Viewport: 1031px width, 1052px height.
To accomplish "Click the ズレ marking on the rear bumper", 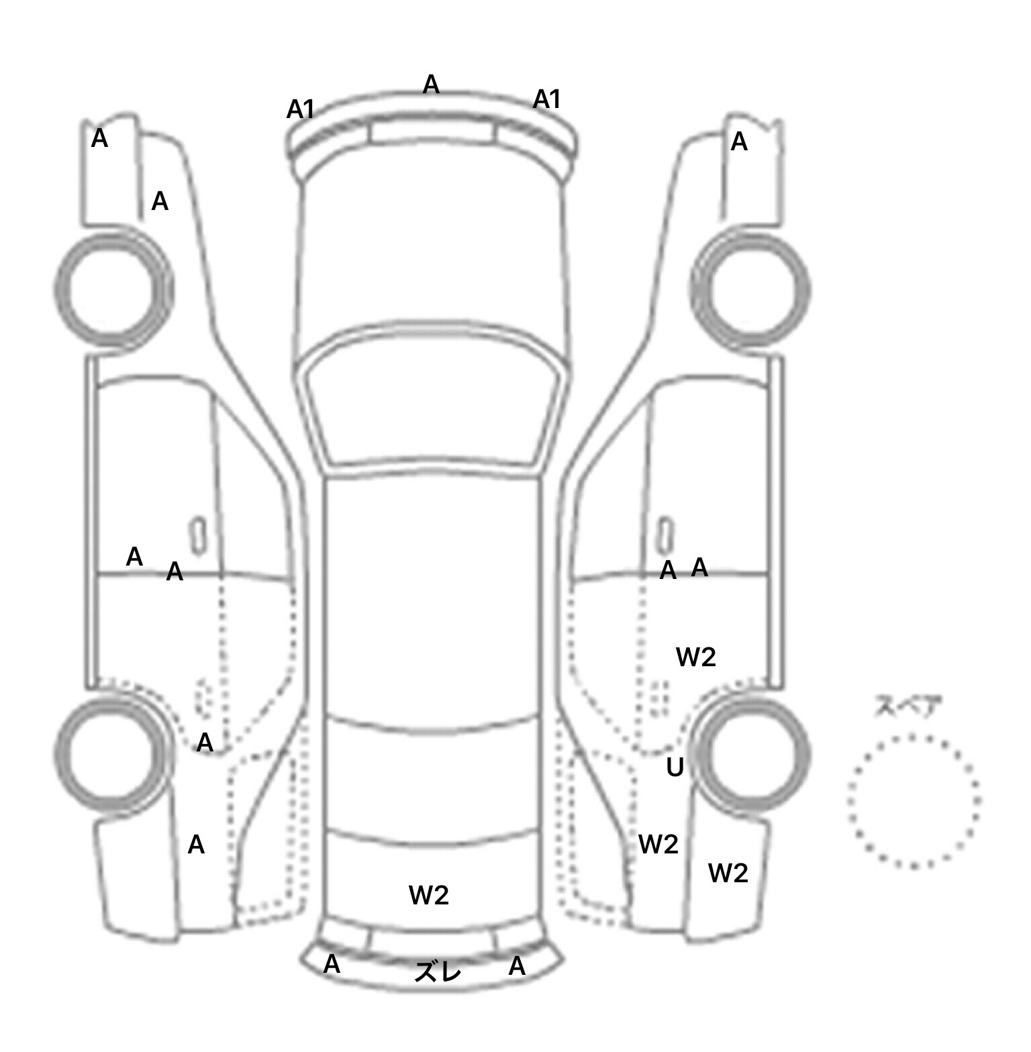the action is (438, 971).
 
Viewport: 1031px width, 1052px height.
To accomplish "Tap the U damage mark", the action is (675, 767).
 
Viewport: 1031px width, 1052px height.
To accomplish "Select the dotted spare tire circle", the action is (914, 801).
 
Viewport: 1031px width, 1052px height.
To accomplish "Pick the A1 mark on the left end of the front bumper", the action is (301, 109).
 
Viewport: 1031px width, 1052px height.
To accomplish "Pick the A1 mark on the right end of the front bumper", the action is (546, 99).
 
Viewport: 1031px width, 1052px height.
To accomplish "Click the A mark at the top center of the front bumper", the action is (431, 85).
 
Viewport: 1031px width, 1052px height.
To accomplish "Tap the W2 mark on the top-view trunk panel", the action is (428, 895).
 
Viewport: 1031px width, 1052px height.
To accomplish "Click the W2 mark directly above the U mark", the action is (696, 657).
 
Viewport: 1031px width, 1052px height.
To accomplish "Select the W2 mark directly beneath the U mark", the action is (658, 844).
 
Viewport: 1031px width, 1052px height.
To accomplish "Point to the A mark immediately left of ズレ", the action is (332, 964).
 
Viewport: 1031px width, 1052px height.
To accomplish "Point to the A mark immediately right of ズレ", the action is (516, 966).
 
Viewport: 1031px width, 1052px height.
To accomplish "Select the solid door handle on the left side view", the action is (198, 536).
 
